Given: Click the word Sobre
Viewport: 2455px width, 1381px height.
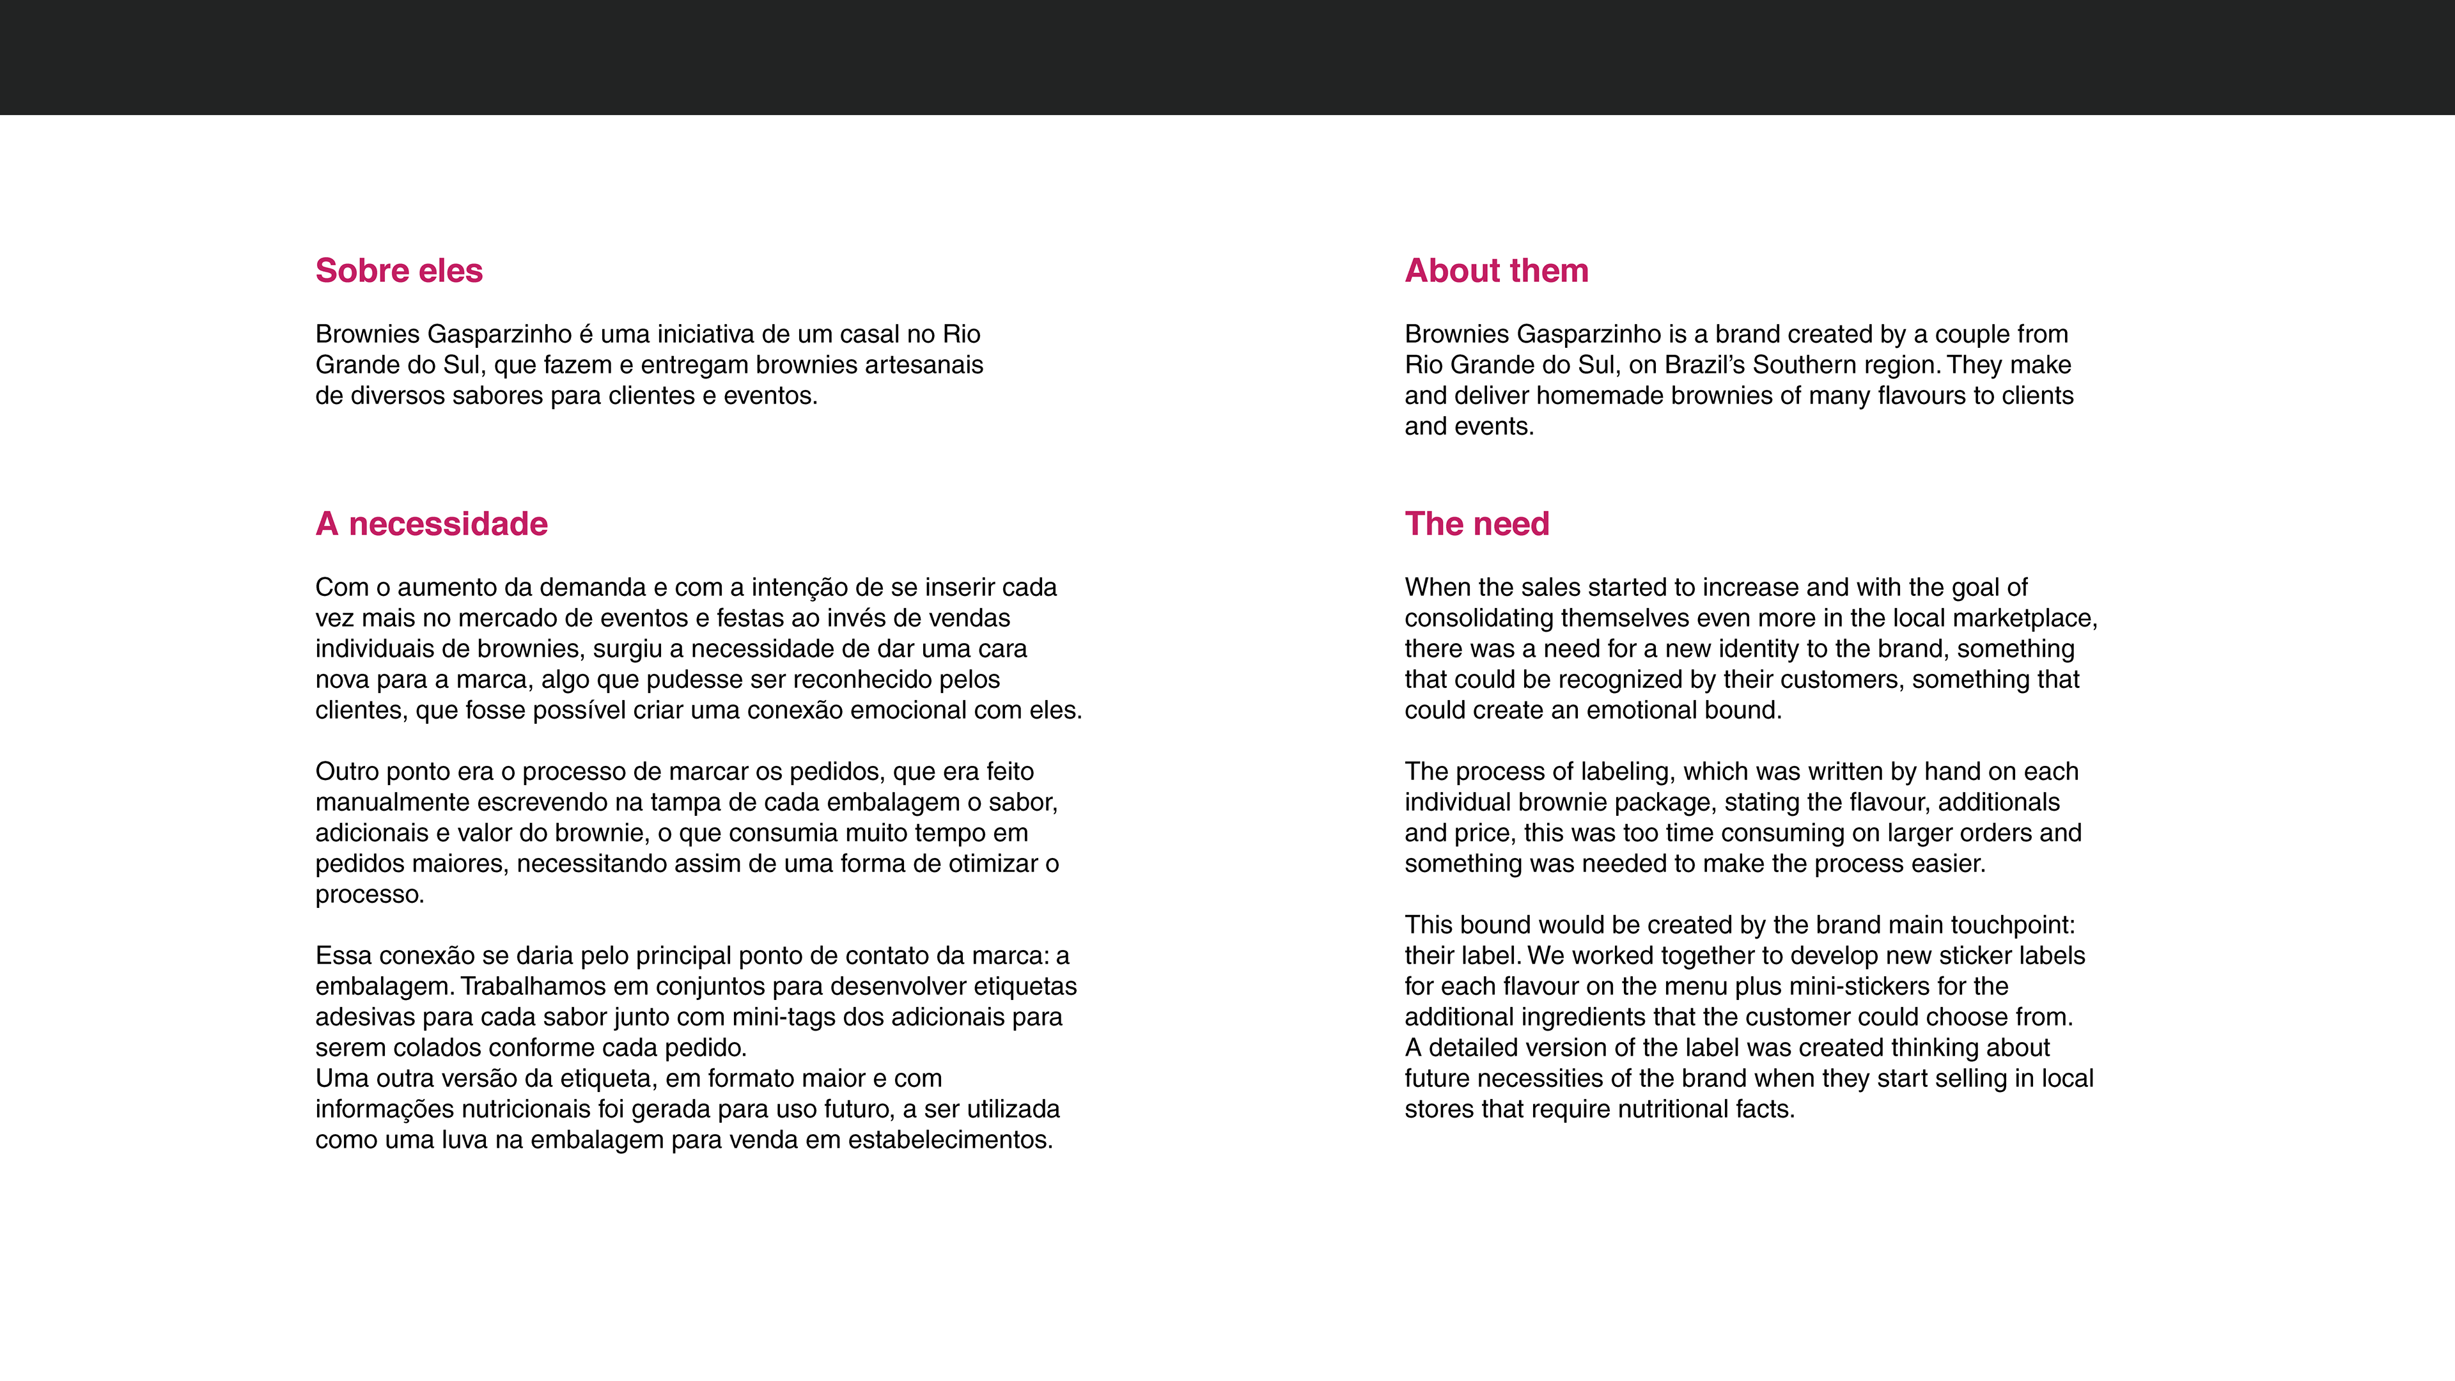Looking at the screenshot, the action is [362, 270].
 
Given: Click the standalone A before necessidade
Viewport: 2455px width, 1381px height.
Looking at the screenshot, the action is [327, 524].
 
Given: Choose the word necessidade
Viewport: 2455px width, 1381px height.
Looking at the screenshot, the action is [448, 524].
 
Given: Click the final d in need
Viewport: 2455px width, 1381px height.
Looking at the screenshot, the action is [1540, 524].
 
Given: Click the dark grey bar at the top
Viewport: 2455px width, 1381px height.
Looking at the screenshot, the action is [1227, 57].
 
